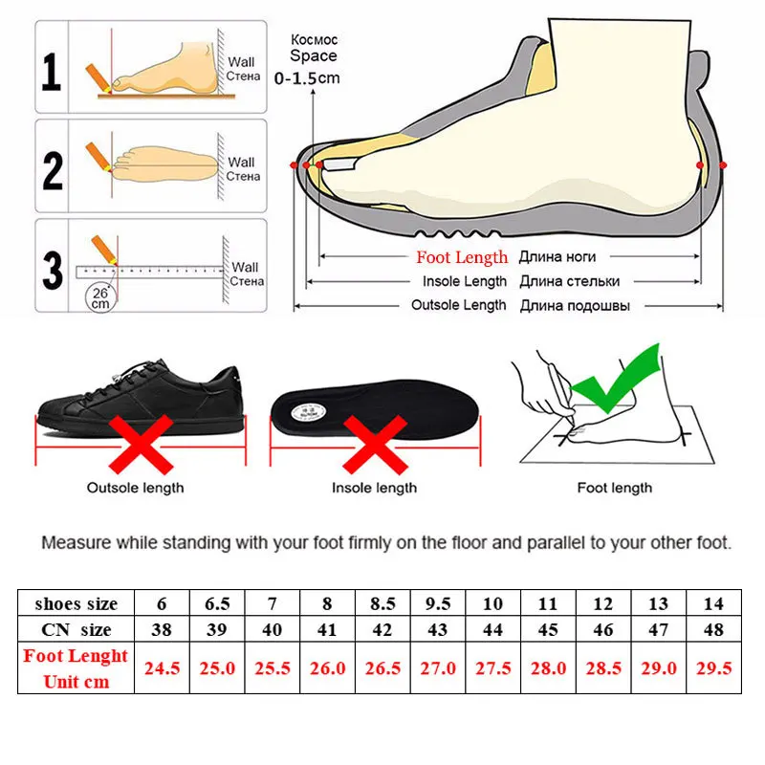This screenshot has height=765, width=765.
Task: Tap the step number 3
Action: [x=53, y=266]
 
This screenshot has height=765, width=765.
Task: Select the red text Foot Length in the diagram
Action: [x=462, y=257]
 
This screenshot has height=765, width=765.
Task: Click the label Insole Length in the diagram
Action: [x=465, y=281]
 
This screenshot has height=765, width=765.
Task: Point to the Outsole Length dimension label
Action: [x=459, y=305]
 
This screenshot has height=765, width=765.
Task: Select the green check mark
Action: [x=623, y=382]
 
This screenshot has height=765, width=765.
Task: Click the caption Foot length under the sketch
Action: [x=615, y=488]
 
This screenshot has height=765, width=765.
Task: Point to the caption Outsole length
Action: [x=136, y=488]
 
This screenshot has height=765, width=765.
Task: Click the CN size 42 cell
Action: [x=382, y=629]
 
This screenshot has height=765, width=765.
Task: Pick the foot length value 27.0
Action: [x=439, y=668]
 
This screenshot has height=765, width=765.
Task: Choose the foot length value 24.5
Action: [x=162, y=668]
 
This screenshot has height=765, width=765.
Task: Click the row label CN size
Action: [x=76, y=629]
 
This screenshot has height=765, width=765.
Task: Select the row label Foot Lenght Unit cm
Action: [x=76, y=668]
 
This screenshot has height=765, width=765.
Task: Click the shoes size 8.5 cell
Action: [x=382, y=603]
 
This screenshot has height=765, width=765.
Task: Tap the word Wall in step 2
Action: [x=242, y=163]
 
